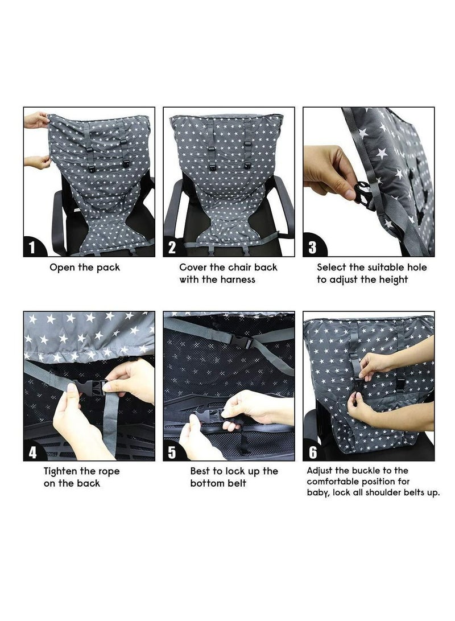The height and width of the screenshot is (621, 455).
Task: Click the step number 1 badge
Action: pyautogui.click(x=32, y=247)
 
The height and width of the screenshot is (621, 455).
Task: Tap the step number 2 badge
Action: pyautogui.click(x=172, y=247)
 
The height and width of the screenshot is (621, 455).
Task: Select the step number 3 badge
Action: pyautogui.click(x=312, y=247)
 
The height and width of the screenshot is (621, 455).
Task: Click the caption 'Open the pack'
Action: pyautogui.click(x=85, y=267)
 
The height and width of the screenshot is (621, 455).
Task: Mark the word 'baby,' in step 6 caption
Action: pyautogui.click(x=318, y=492)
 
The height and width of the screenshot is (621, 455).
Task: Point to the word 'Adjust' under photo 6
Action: pyautogui.click(x=320, y=471)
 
